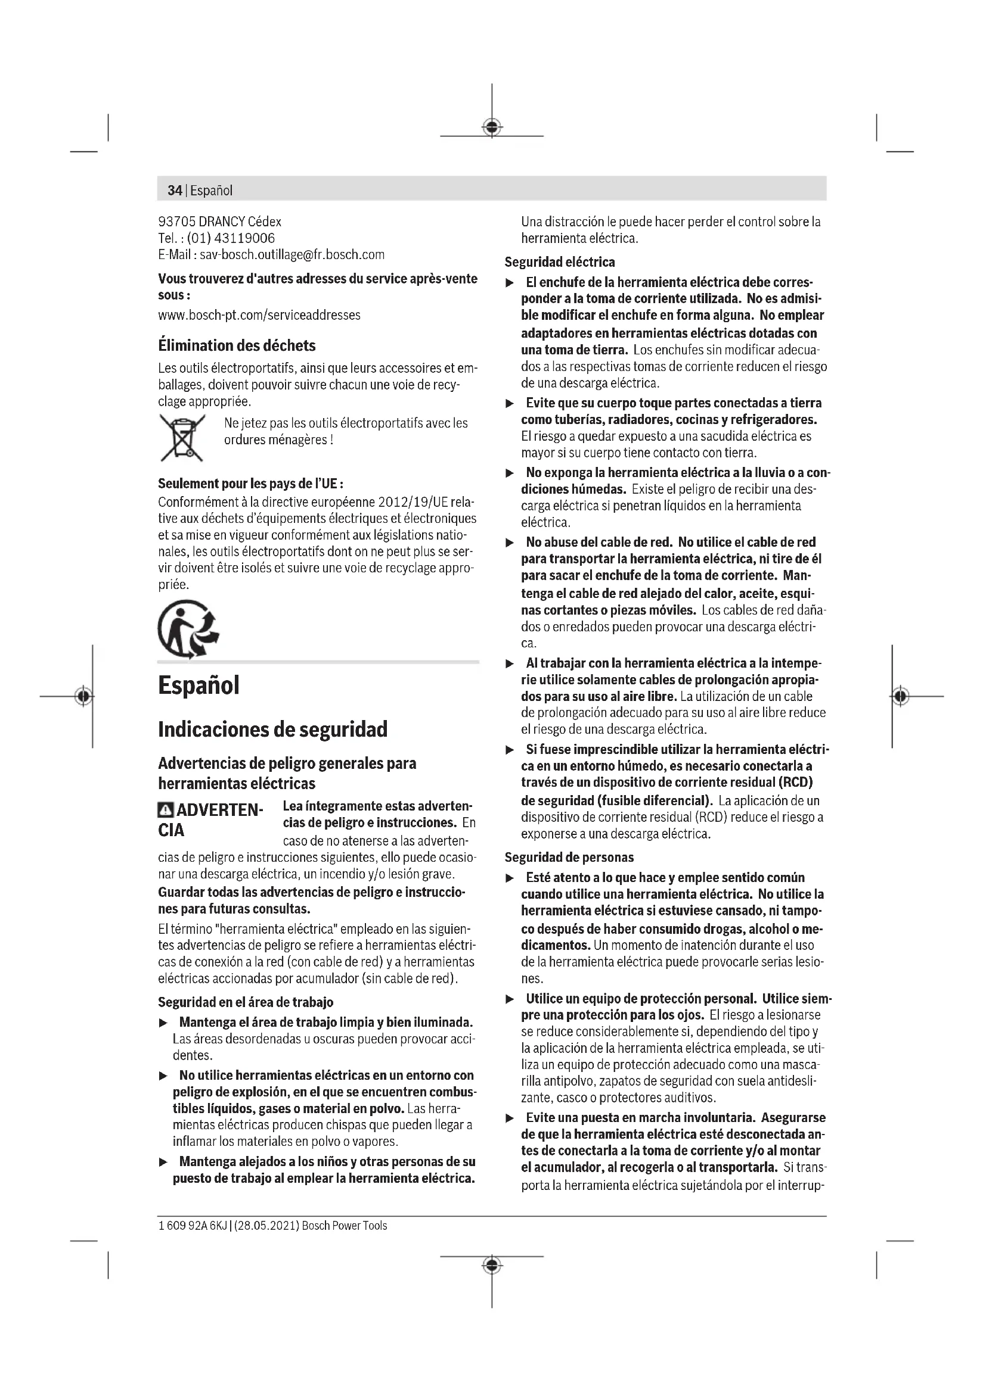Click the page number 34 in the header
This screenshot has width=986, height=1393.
[x=175, y=191]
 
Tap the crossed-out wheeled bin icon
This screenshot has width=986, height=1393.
[x=182, y=438]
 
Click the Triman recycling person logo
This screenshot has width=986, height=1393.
[x=188, y=629]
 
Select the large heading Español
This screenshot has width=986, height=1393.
[x=199, y=685]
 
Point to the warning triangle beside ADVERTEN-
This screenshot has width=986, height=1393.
[x=165, y=810]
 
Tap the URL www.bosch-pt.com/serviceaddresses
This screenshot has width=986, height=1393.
[x=259, y=316]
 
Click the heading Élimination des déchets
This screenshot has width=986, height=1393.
[x=237, y=346]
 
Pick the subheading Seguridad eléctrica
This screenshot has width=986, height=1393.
[x=559, y=262]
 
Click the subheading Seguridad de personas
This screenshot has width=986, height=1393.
[x=569, y=857]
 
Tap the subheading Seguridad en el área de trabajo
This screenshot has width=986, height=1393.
[x=245, y=1002]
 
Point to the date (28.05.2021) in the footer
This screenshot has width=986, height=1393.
[x=266, y=1226]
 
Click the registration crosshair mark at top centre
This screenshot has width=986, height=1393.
[x=492, y=127]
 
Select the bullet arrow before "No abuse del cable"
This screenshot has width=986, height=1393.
[x=511, y=543]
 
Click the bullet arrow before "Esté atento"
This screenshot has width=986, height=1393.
[x=511, y=878]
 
